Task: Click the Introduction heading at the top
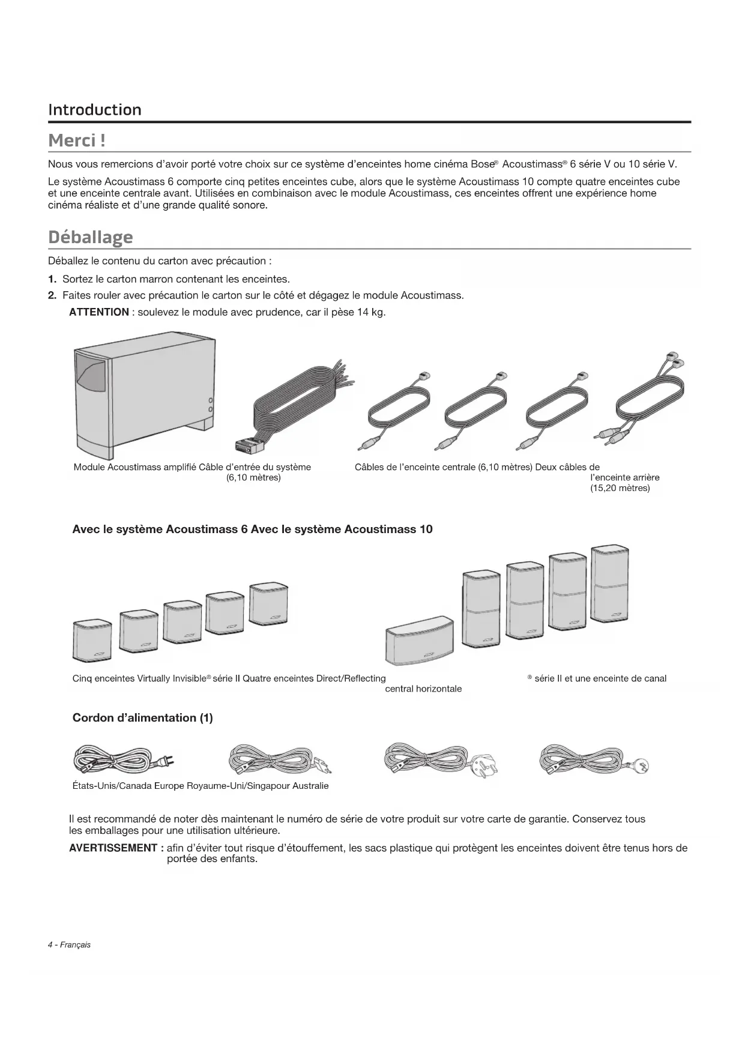click(x=95, y=110)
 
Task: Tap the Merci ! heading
click(x=77, y=140)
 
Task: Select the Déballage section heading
click(x=90, y=237)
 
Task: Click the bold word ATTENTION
click(x=99, y=312)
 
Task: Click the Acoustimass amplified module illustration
click(x=144, y=396)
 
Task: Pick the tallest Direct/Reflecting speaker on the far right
click(x=610, y=585)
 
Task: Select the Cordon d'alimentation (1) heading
click(x=142, y=718)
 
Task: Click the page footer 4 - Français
click(x=69, y=945)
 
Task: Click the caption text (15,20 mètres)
click(x=620, y=488)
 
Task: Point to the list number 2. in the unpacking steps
click(x=52, y=295)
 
